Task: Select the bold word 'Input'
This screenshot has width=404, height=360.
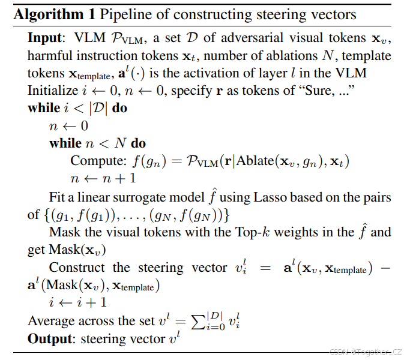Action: click(x=44, y=37)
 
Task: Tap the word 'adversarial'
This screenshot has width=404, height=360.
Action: click(x=252, y=37)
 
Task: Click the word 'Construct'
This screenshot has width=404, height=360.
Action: click(x=77, y=268)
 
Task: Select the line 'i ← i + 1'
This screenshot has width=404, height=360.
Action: click(x=77, y=304)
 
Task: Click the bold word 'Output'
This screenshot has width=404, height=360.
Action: click(x=49, y=339)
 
